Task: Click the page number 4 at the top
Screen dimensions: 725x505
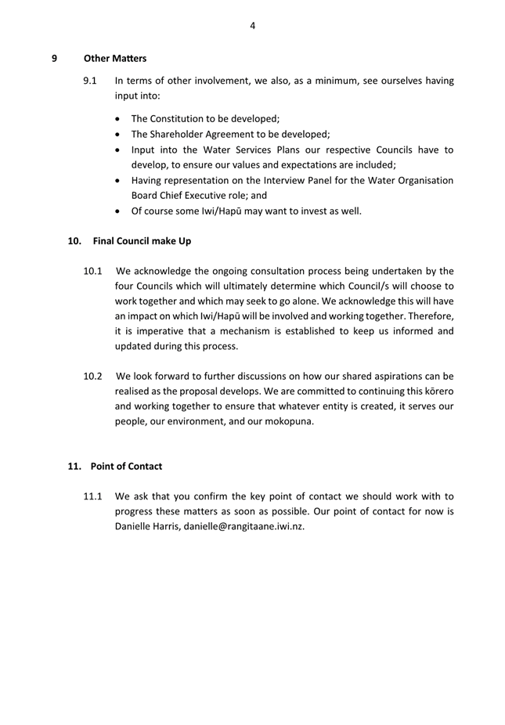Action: [x=253, y=26]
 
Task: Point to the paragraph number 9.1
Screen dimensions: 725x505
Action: [x=90, y=81]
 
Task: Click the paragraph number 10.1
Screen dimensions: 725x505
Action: [x=93, y=272]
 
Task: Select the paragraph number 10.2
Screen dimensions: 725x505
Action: [x=93, y=376]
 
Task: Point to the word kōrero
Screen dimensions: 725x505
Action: [x=437, y=391]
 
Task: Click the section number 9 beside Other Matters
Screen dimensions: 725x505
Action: [x=54, y=58]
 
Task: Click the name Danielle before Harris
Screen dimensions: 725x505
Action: [x=135, y=526]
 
